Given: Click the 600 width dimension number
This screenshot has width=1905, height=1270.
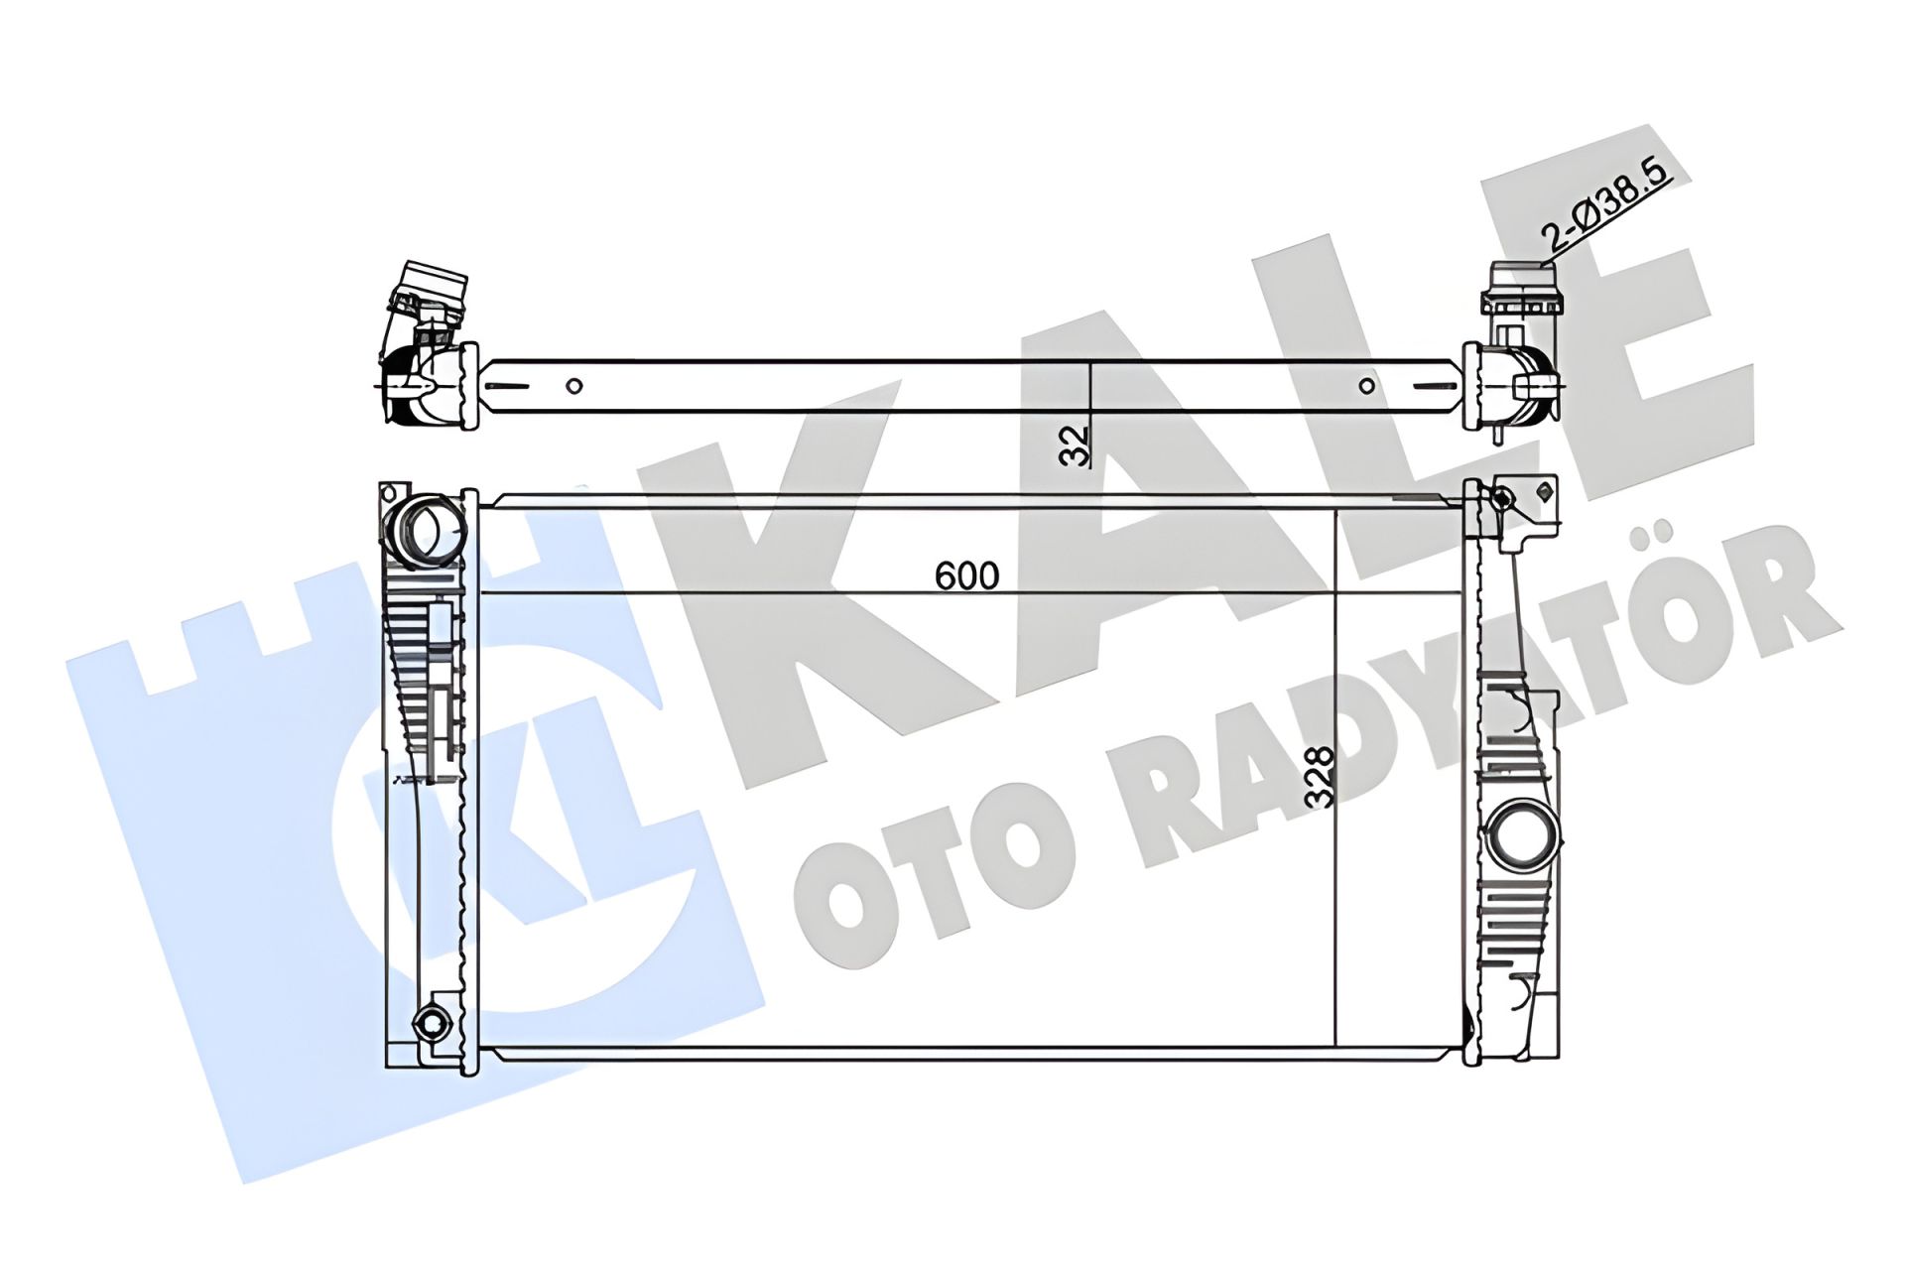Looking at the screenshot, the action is (967, 575).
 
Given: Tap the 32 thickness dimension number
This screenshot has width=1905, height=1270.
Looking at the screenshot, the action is (1075, 445).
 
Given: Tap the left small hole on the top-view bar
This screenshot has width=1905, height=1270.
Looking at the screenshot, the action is (573, 386).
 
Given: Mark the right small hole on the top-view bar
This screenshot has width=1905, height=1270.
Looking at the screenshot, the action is (1367, 386).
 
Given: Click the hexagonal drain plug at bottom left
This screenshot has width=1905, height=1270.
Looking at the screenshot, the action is (432, 1023).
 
